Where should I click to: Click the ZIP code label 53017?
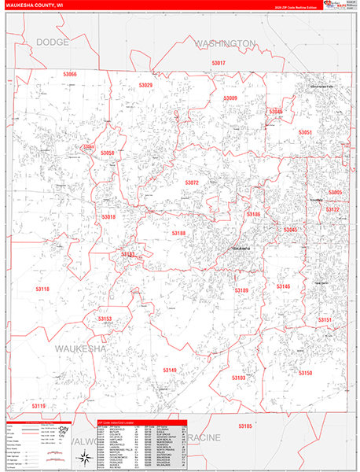point(219,63)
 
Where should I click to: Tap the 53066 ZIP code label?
point(70,74)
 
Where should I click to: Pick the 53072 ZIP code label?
point(192,183)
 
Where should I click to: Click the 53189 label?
point(241,289)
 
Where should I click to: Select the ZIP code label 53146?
point(283,286)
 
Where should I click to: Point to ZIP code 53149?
point(171,369)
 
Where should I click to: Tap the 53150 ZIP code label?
point(305,372)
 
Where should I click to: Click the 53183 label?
point(238,378)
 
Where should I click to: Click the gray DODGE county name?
point(53,41)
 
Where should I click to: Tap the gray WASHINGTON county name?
point(226,42)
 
